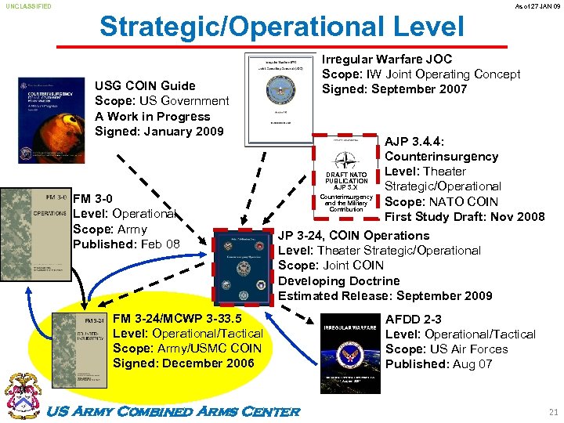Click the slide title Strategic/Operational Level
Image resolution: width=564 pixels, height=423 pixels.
pos(281,26)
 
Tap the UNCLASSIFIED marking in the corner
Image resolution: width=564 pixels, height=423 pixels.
pos(29,6)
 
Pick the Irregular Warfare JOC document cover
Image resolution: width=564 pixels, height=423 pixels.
pos(281,99)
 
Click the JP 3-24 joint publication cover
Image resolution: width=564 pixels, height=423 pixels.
pos(240,263)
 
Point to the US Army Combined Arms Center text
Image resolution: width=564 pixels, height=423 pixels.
pos(175,411)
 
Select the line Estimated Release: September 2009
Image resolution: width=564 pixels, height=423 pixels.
pos(385,295)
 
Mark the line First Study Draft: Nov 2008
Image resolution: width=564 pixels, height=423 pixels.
pos(464,216)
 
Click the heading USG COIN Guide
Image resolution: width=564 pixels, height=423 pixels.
pos(145,85)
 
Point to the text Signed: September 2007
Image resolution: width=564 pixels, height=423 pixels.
pos(395,89)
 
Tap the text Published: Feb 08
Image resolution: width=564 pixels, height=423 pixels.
pos(125,244)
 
